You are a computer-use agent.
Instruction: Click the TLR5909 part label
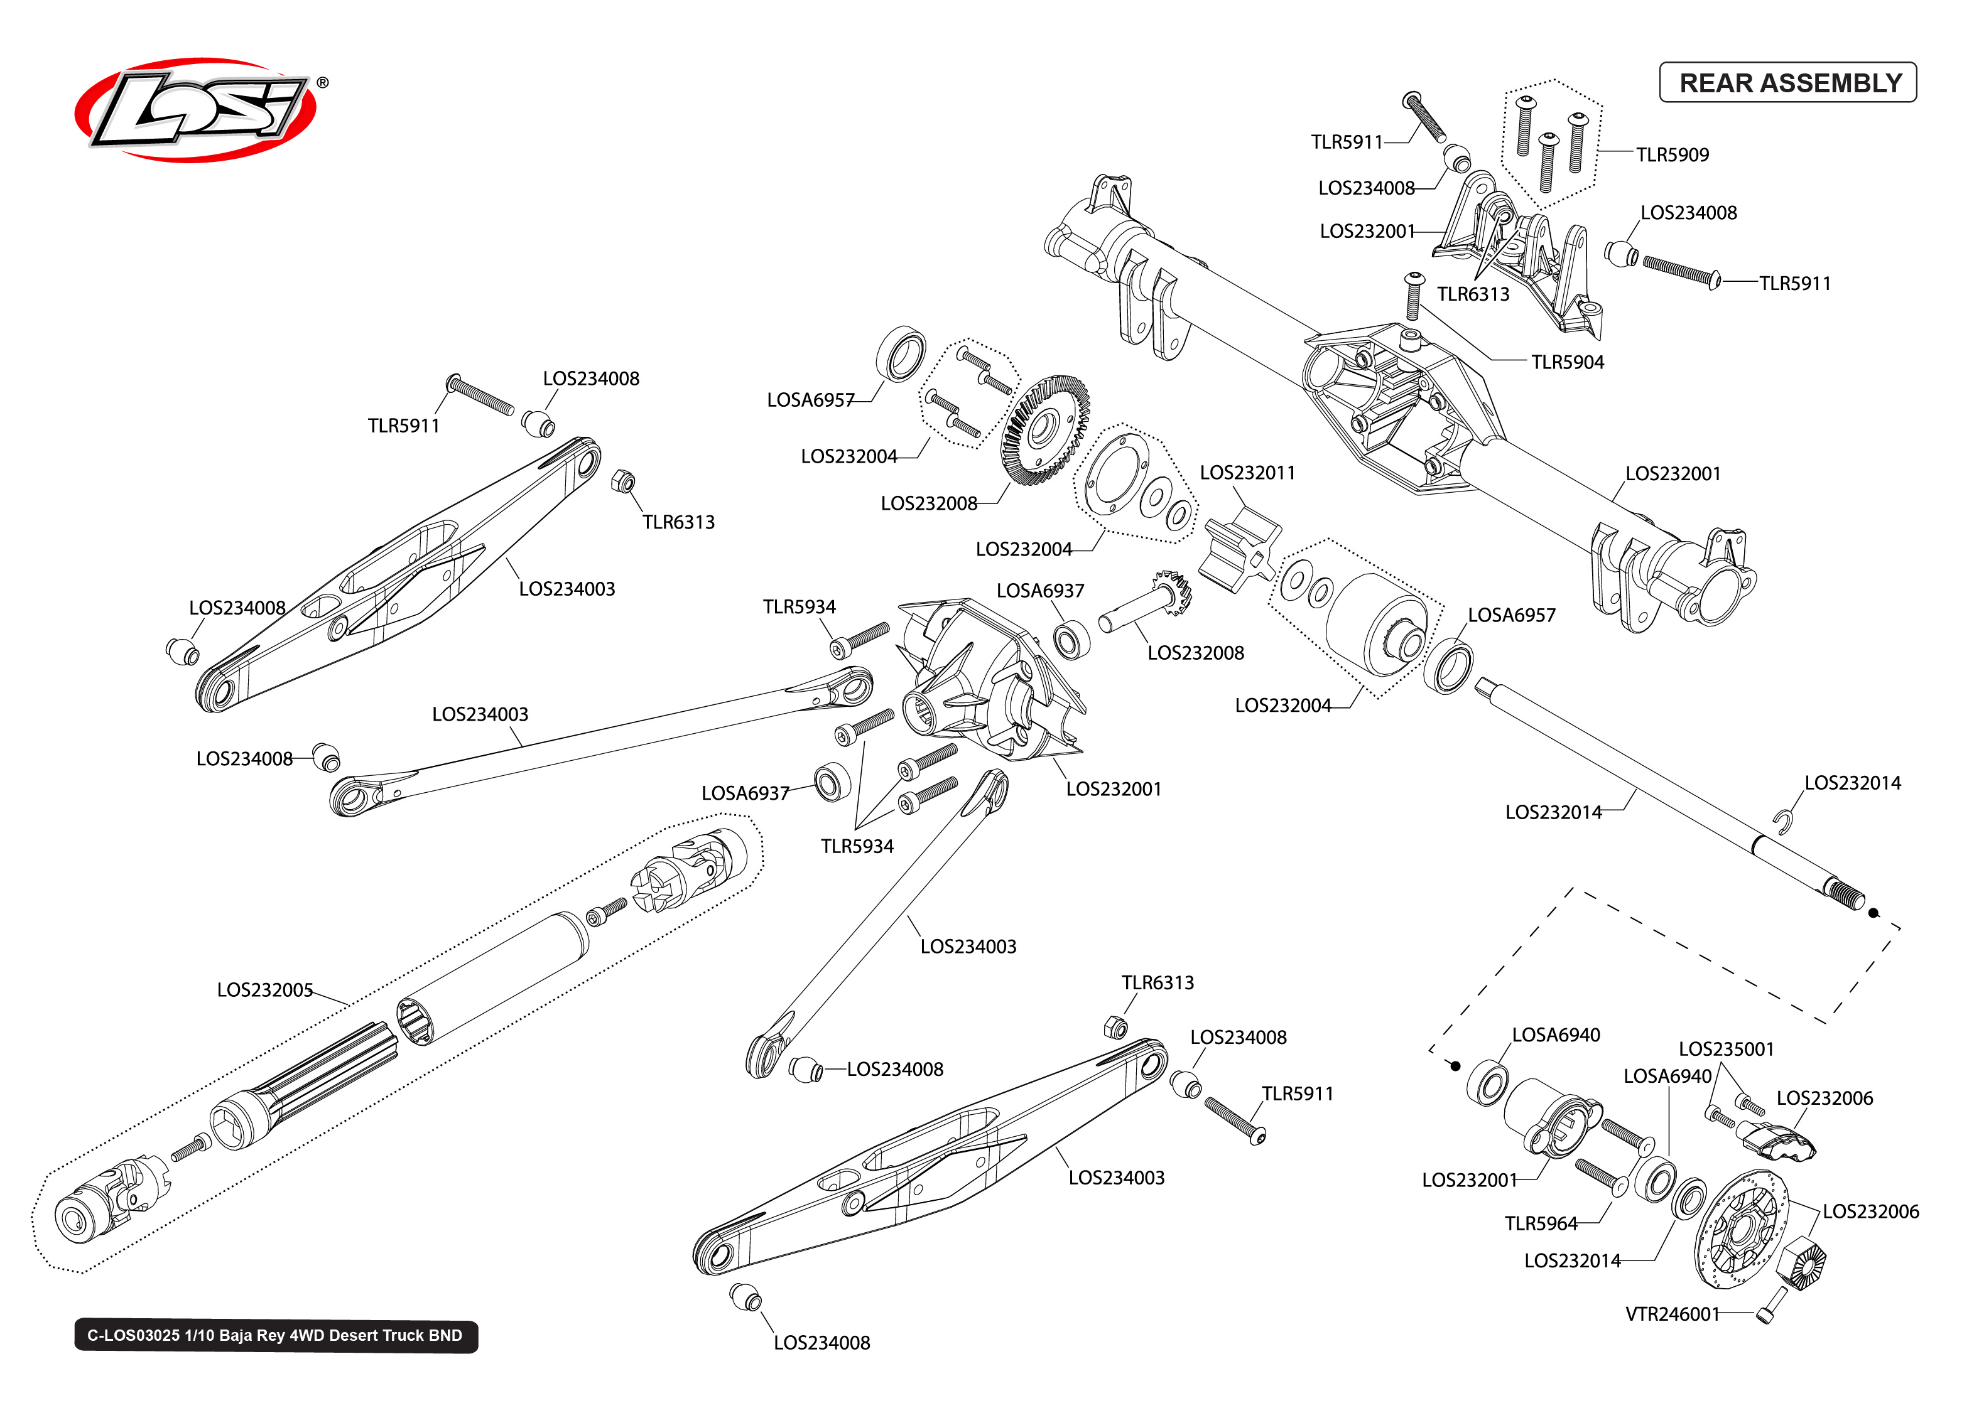(1672, 155)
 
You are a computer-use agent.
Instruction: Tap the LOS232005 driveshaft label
(264, 990)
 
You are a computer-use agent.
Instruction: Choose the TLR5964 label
(1541, 1223)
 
